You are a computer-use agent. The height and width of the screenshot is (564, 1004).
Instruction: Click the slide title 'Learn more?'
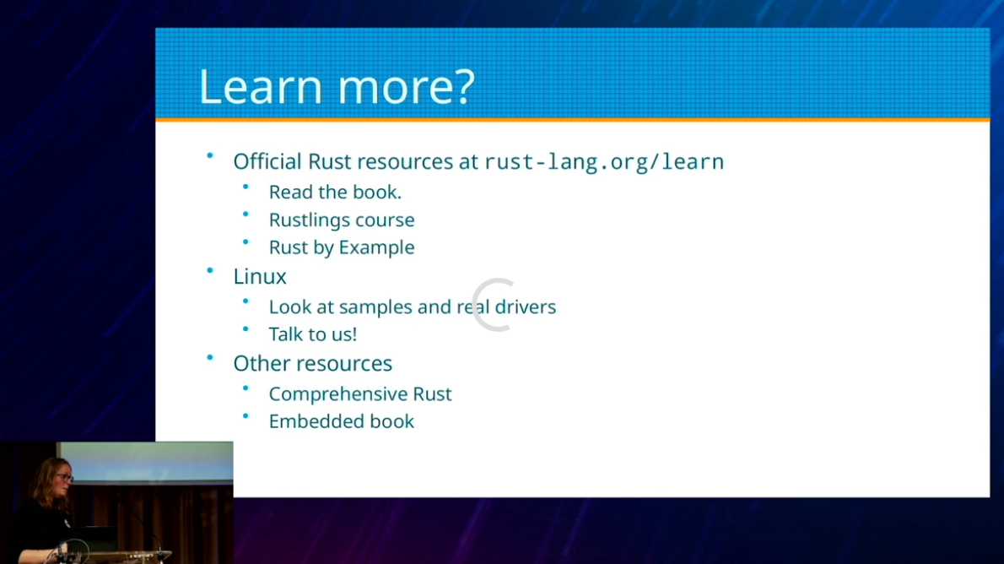coord(337,86)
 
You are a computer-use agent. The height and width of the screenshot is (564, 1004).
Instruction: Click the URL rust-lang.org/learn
coord(604,162)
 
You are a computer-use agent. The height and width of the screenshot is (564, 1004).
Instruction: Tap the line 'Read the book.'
coord(335,193)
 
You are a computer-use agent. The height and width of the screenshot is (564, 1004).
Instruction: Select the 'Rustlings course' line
coord(342,220)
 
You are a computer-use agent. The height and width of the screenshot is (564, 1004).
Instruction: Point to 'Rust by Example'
coord(342,248)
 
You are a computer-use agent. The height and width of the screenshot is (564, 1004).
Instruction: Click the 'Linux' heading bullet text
coord(259,276)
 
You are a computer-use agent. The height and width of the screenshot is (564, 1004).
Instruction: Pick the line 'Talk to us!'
coord(312,334)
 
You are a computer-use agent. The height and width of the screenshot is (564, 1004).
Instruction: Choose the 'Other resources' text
coord(312,363)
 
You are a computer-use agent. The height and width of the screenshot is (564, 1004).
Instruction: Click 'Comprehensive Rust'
coord(360,393)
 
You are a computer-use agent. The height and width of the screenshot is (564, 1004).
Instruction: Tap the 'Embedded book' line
coord(342,421)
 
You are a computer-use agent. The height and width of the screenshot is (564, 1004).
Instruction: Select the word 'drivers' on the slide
coord(526,307)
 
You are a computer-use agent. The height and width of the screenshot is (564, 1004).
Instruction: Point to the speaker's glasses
coord(65,478)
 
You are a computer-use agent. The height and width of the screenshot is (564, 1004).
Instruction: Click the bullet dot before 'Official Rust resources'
coord(209,155)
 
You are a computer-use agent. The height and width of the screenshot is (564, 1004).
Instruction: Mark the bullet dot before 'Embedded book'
coord(246,416)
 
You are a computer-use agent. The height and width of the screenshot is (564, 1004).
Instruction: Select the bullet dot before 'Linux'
coord(209,270)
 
